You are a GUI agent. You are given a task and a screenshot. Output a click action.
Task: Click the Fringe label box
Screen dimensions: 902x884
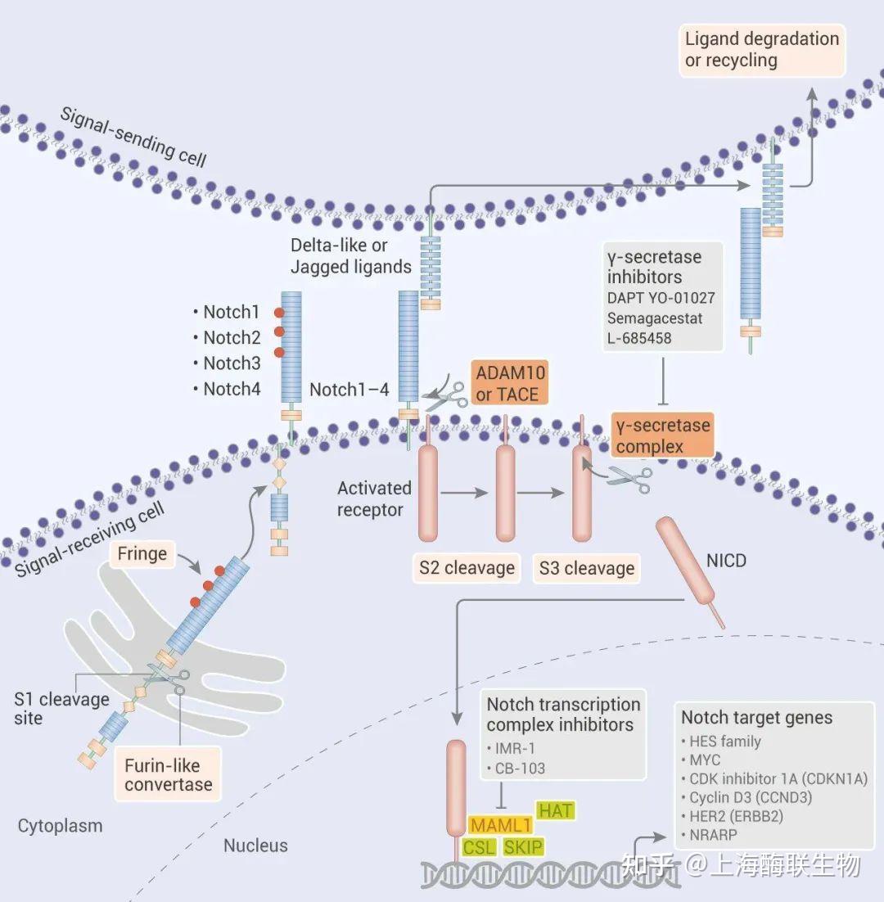coord(142,554)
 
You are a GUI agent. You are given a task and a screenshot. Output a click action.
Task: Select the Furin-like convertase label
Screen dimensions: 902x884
coord(168,775)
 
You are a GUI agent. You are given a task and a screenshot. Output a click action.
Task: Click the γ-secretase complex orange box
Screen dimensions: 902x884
coord(662,435)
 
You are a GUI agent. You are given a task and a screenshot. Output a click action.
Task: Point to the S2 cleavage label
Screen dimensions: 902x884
coord(467,568)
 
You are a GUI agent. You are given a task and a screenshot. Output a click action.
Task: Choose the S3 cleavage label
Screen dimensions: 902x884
coord(586,569)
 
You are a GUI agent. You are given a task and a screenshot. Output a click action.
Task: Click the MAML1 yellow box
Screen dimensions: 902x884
coord(499,824)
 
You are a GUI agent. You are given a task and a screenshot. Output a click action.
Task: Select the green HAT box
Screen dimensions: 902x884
coord(555,810)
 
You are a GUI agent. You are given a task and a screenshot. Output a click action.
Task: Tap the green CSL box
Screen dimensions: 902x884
coord(479,847)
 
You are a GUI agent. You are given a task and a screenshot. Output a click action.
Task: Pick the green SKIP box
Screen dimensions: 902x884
coord(524,847)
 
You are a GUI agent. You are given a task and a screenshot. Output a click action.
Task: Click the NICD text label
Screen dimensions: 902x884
coord(725,561)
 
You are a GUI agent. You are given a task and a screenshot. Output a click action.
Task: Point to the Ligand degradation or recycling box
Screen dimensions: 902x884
coord(762,50)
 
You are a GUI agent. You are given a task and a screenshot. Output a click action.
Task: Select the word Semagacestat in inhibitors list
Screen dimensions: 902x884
coord(655,318)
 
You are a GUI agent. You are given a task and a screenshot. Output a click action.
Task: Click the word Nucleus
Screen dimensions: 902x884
coord(255,845)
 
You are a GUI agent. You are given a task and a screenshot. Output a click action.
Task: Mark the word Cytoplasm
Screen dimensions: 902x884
coord(61,826)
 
